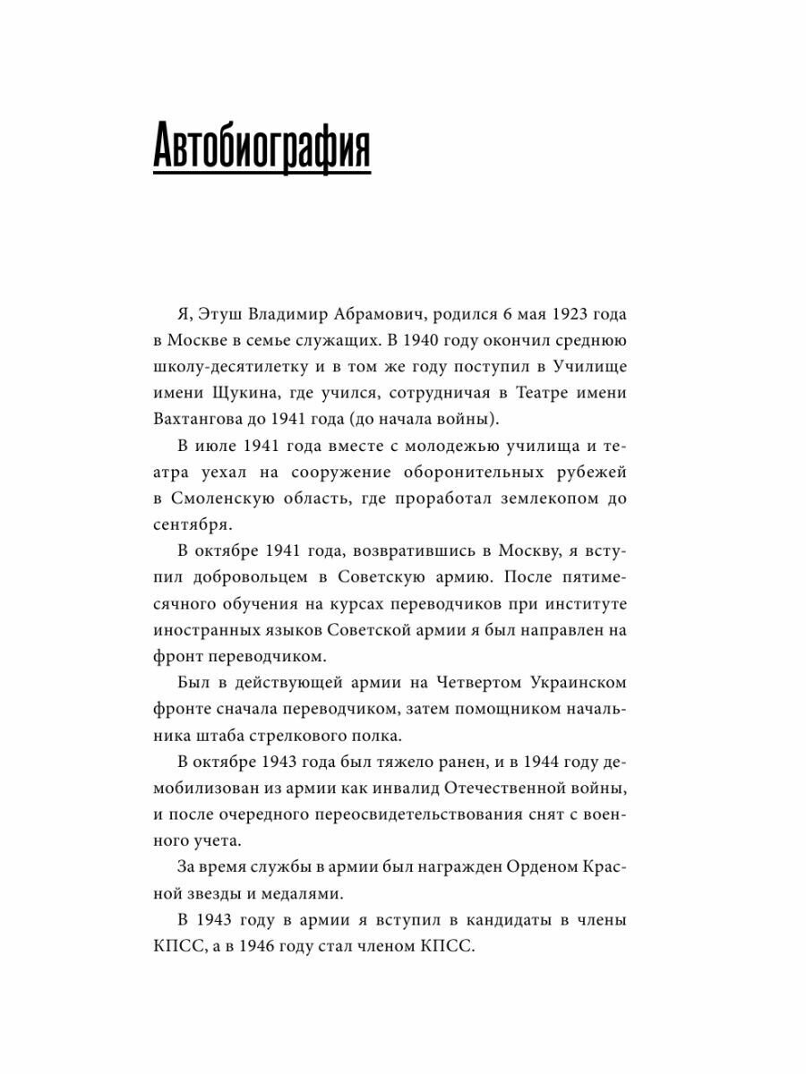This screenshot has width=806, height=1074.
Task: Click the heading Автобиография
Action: click(262, 148)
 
